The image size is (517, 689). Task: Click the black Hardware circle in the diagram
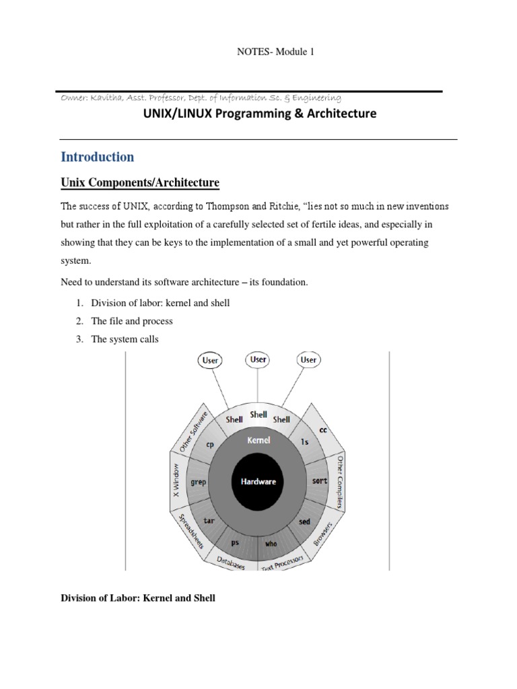click(258, 482)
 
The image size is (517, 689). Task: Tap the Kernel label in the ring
click(258, 440)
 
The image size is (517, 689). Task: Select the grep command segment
click(198, 482)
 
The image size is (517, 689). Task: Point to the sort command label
click(319, 482)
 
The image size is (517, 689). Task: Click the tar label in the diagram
click(209, 521)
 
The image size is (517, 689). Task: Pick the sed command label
click(305, 521)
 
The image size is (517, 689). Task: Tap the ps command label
click(235, 542)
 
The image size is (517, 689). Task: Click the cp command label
click(210, 445)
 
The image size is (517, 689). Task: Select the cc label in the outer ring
click(322, 429)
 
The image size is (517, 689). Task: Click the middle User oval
click(258, 359)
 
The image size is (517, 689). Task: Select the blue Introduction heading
click(98, 157)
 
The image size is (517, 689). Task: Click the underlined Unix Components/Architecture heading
click(140, 183)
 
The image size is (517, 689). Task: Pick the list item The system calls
click(125, 339)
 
